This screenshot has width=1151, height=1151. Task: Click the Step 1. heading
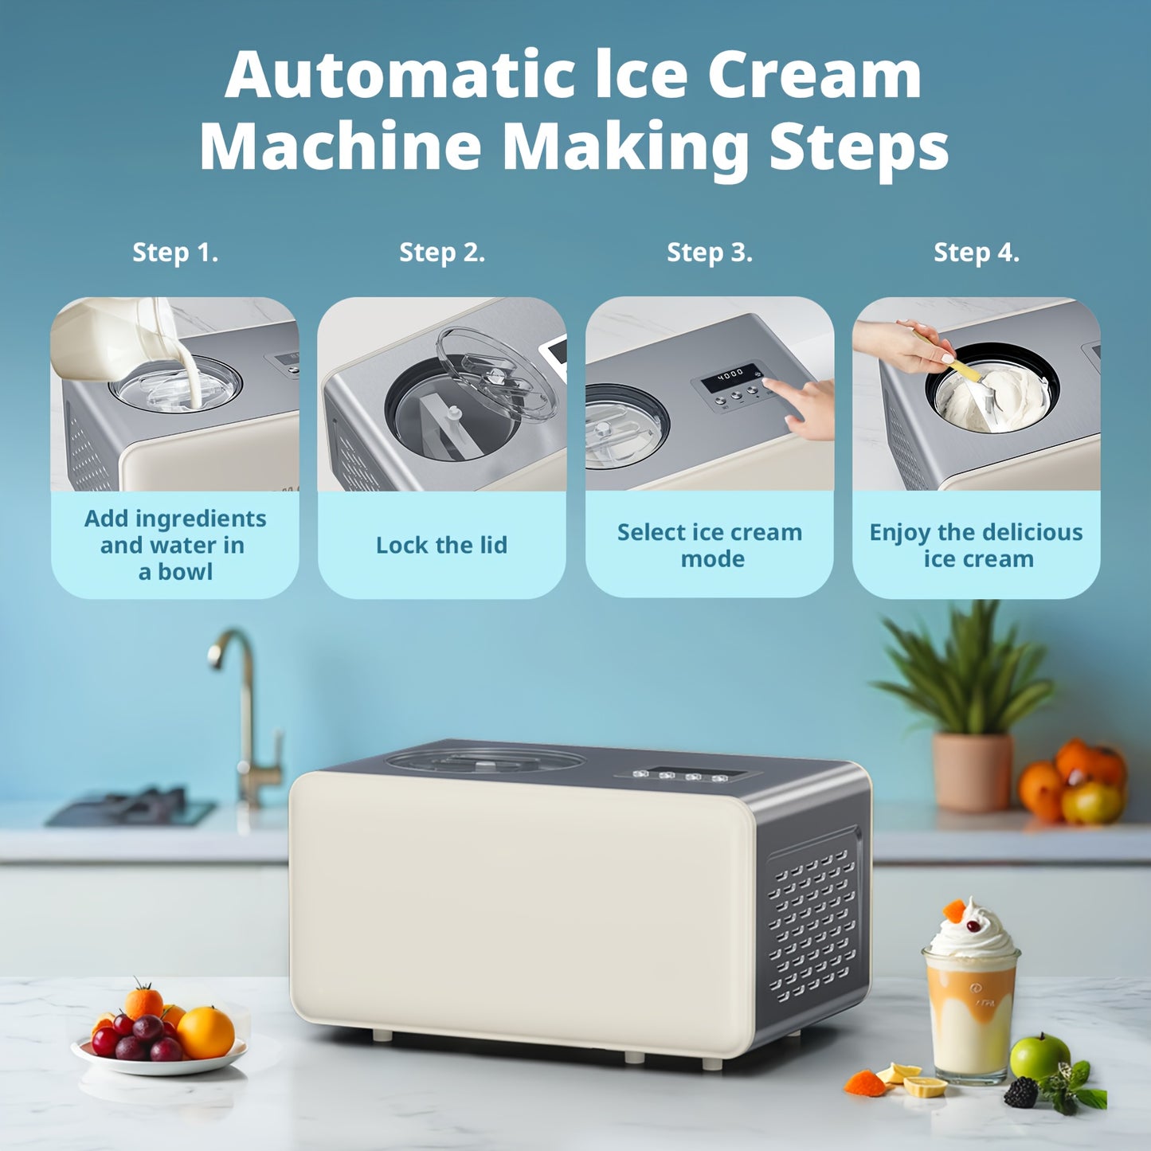(175, 253)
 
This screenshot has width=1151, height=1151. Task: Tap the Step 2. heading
(442, 253)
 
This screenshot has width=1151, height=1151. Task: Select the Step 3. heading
(709, 253)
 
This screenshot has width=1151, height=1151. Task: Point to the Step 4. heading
(976, 253)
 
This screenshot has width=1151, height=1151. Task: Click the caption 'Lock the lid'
(441, 545)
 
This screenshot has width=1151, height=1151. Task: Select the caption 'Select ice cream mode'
(710, 545)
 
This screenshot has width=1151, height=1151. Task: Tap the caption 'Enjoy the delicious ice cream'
(977, 545)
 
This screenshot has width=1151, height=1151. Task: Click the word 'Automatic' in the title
(399, 76)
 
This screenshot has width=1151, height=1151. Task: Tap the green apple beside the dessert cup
(1039, 1055)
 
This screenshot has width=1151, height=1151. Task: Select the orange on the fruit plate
(206, 1032)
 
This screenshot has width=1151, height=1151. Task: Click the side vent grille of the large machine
(812, 924)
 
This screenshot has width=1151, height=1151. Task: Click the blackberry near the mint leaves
(1020, 1092)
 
